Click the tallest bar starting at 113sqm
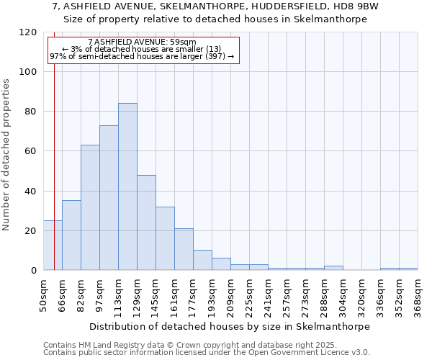coord(127,186)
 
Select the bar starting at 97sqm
coord(109,198)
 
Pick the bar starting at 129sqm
coord(146,222)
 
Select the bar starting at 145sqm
coord(165,238)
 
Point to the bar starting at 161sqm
coord(184,249)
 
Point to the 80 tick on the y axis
coord(30,112)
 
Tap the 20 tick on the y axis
coord(30,231)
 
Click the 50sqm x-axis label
coord(44,294)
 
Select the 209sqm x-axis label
coord(231,294)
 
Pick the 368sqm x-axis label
coord(418,294)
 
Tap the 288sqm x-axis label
coord(325,294)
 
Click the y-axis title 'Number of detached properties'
coord(6,154)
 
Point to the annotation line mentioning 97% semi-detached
coord(142,56)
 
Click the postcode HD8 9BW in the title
coord(355,6)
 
